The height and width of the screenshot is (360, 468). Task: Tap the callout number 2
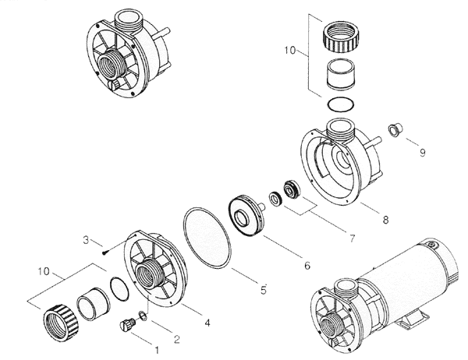pyautogui.click(x=176, y=338)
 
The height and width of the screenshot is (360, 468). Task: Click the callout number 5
pyautogui.click(x=264, y=290)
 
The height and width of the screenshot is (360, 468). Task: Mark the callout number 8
pyautogui.click(x=385, y=220)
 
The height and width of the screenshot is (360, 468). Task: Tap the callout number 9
pyautogui.click(x=422, y=152)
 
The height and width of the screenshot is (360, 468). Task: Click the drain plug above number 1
pyautogui.click(x=124, y=327)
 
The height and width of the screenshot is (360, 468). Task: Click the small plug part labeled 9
pyautogui.click(x=395, y=129)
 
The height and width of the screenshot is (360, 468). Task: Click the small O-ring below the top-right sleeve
pyautogui.click(x=342, y=105)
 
